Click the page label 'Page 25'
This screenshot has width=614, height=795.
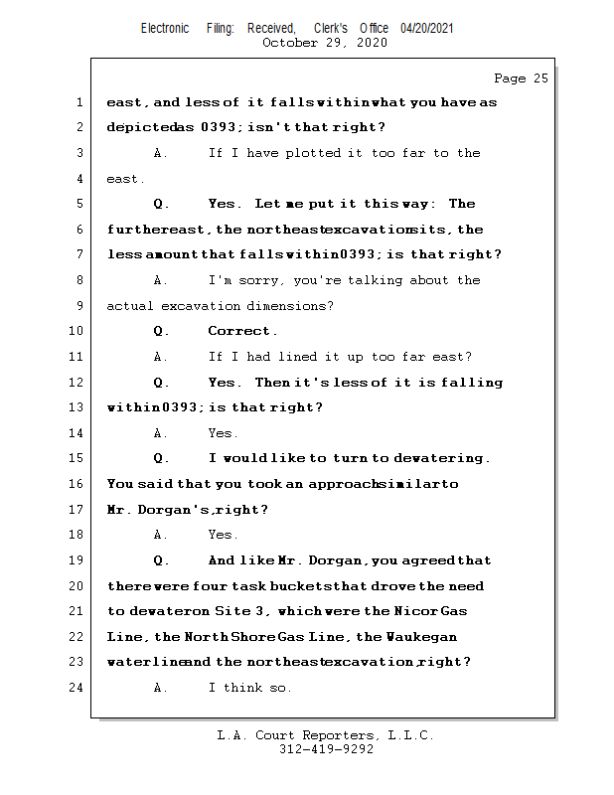(x=521, y=79)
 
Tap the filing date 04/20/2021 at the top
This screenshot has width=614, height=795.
(x=427, y=28)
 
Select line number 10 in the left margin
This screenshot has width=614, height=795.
(x=77, y=331)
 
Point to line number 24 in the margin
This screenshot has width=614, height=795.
(x=77, y=687)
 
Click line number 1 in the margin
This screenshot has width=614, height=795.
(x=80, y=102)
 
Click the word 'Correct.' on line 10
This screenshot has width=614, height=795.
(x=243, y=331)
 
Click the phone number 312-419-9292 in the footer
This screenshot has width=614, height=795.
(x=327, y=750)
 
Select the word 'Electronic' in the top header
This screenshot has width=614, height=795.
(x=165, y=28)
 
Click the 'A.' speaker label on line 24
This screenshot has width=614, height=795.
(x=161, y=688)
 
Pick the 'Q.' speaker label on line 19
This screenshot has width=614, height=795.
(x=162, y=560)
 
